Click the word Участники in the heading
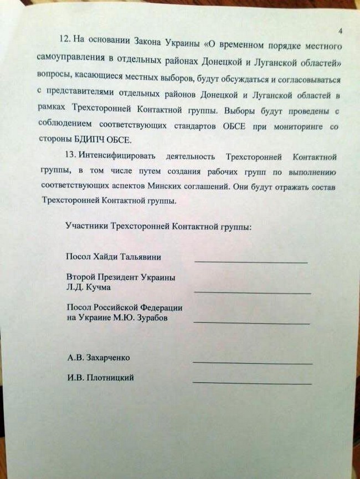(87, 226)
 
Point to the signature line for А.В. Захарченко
(253, 363)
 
